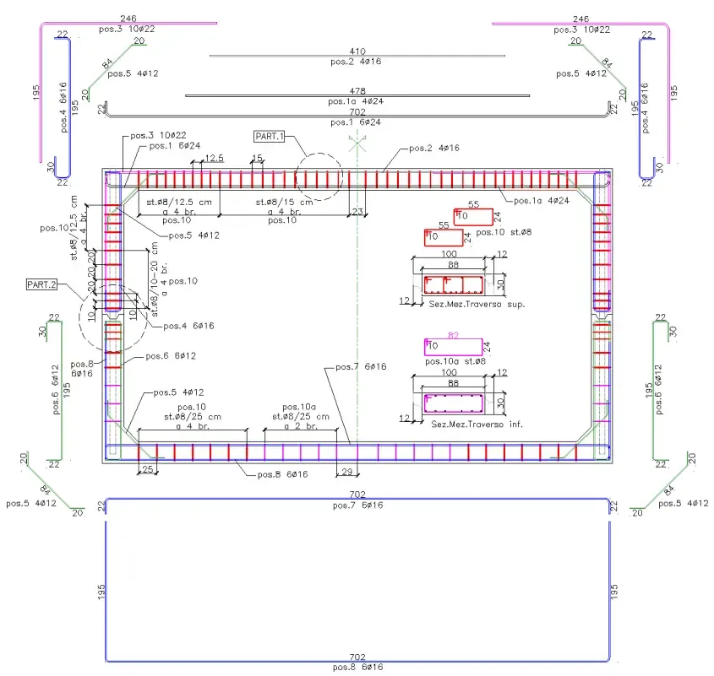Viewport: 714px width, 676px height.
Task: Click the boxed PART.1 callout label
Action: [x=270, y=135]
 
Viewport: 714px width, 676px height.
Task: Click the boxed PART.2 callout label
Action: [x=41, y=285]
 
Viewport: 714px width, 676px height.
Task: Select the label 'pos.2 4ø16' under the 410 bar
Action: [x=357, y=62]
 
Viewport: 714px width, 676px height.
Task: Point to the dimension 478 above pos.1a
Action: [x=357, y=90]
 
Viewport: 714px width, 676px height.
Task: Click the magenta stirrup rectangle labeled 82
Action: [x=453, y=347]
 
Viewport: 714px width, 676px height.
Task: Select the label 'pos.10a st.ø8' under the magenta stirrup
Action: [x=456, y=361]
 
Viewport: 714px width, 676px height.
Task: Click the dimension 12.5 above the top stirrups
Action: [x=214, y=158]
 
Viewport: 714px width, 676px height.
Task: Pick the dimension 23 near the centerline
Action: [x=358, y=211]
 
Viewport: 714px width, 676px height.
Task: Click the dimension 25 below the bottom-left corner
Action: [x=147, y=469]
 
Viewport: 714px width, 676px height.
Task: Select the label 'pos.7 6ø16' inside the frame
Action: [x=361, y=366]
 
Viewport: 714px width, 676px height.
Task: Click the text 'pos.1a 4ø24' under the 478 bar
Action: [x=357, y=100]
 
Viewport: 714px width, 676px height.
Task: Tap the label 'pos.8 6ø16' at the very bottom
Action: [x=357, y=667]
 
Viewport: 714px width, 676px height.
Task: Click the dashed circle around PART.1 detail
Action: [x=319, y=176]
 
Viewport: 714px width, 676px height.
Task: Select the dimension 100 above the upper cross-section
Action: [x=450, y=254]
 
